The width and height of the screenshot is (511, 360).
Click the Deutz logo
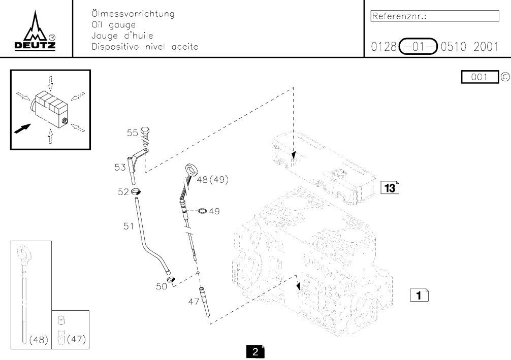36,31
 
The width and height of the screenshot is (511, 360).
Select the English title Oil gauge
113,25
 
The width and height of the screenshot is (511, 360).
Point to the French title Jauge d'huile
122,36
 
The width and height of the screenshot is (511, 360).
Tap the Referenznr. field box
435,16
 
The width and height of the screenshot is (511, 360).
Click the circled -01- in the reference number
419,47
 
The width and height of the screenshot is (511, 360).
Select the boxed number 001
480,77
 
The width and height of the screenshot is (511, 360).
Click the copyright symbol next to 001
504,77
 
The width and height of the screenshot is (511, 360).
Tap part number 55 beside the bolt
133,133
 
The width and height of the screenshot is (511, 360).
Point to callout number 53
120,167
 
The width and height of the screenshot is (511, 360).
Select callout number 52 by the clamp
123,191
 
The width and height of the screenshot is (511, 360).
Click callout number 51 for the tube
129,226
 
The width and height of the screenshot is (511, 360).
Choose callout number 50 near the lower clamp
162,286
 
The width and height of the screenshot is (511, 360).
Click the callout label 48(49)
212,179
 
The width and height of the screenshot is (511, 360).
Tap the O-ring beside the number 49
201,211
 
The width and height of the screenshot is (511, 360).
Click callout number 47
194,302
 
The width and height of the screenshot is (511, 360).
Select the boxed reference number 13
390,188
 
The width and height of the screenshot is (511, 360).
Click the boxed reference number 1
419,294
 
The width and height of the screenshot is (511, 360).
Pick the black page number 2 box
255,352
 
